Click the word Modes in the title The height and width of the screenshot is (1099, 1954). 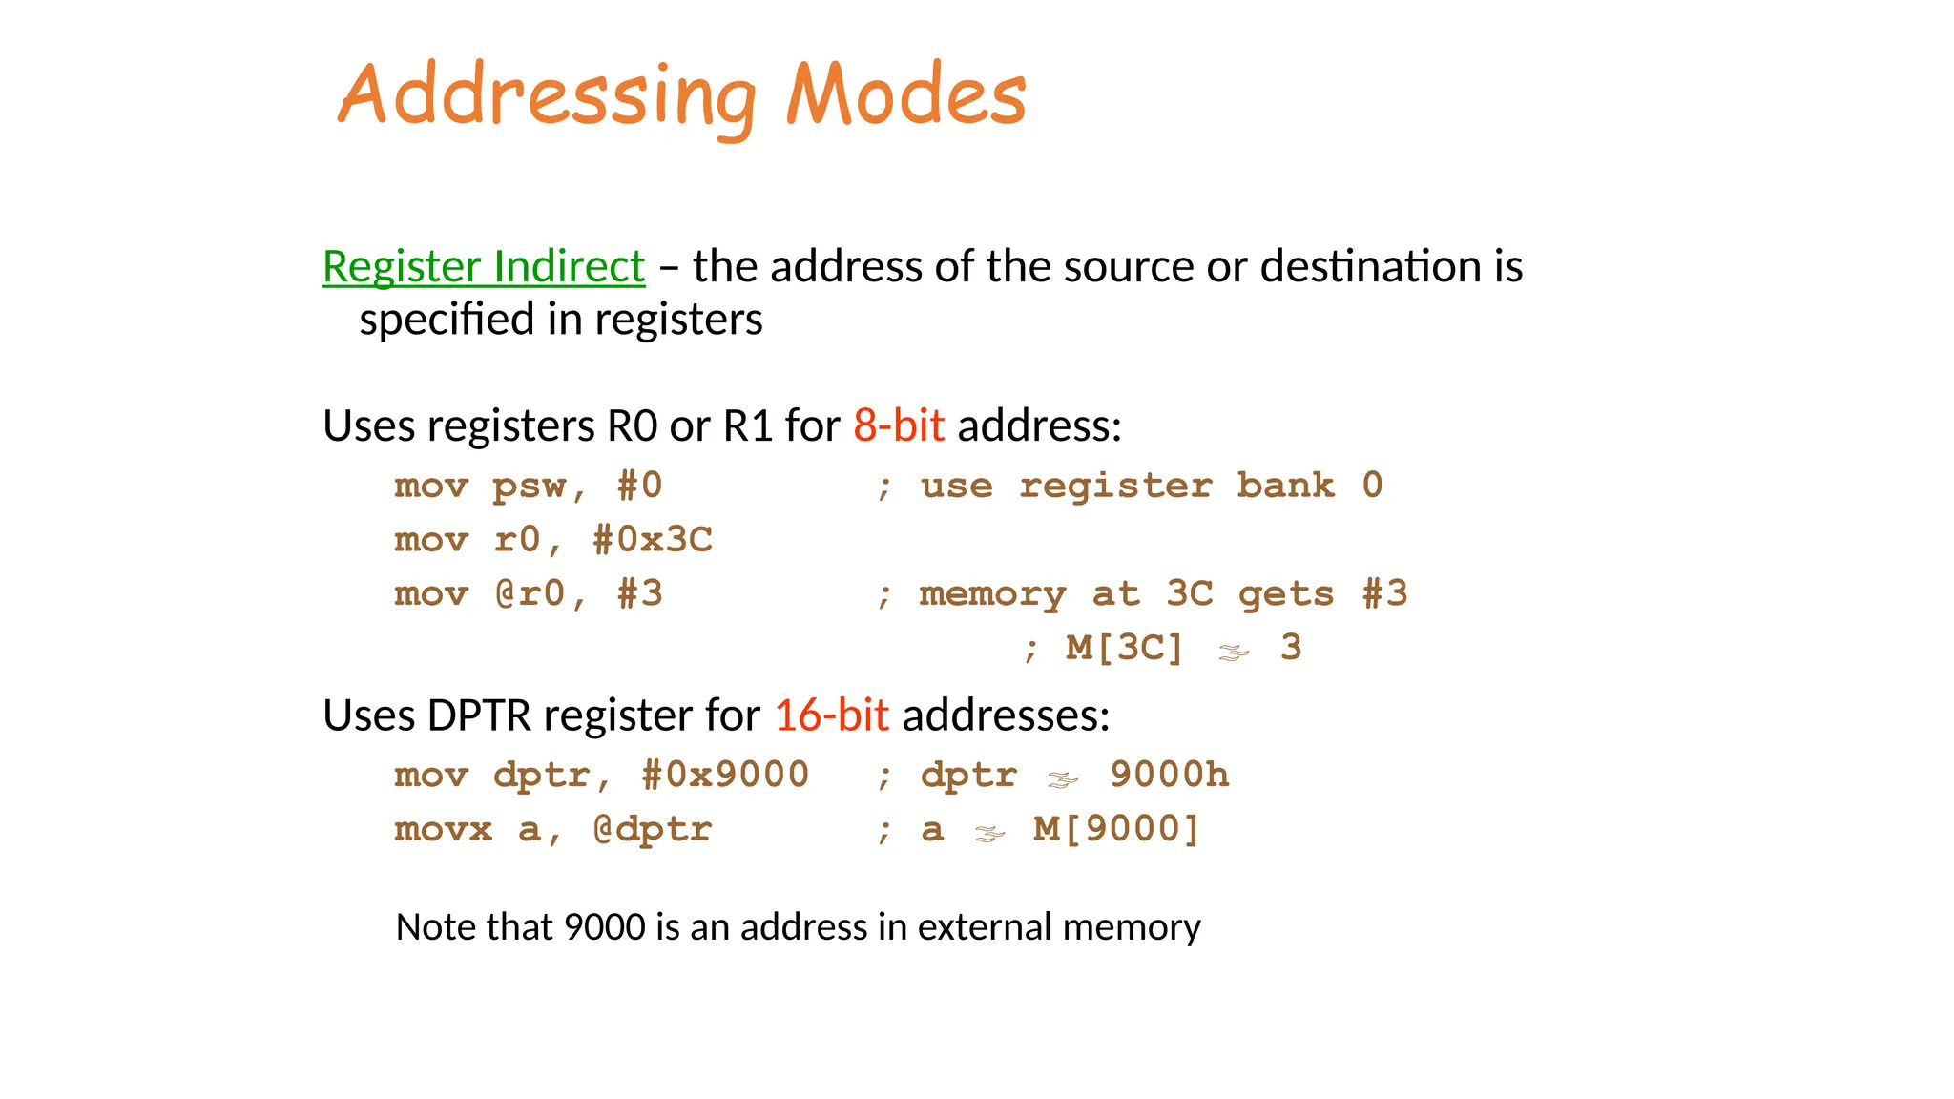[x=905, y=95]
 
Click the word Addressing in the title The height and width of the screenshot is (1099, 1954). [x=548, y=95]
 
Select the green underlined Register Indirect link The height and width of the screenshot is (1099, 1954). [x=484, y=266]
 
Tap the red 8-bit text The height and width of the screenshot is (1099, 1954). [x=899, y=425]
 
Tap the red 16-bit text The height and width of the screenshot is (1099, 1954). [x=831, y=715]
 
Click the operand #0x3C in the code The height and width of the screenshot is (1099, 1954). [x=653, y=540]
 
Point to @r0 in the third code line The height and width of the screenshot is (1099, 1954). [x=530, y=594]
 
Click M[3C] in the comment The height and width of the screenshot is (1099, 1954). [x=1124, y=648]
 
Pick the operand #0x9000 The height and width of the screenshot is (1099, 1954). [x=725, y=775]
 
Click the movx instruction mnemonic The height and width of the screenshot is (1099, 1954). [x=443, y=829]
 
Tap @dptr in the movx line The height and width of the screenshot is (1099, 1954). [x=653, y=829]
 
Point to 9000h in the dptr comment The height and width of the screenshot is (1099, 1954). [x=1170, y=775]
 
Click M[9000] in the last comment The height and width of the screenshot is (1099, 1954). [x=1116, y=829]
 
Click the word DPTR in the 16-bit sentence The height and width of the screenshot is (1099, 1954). [x=479, y=715]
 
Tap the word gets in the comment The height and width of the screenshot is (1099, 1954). [x=1285, y=594]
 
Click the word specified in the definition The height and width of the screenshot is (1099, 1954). [x=447, y=320]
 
